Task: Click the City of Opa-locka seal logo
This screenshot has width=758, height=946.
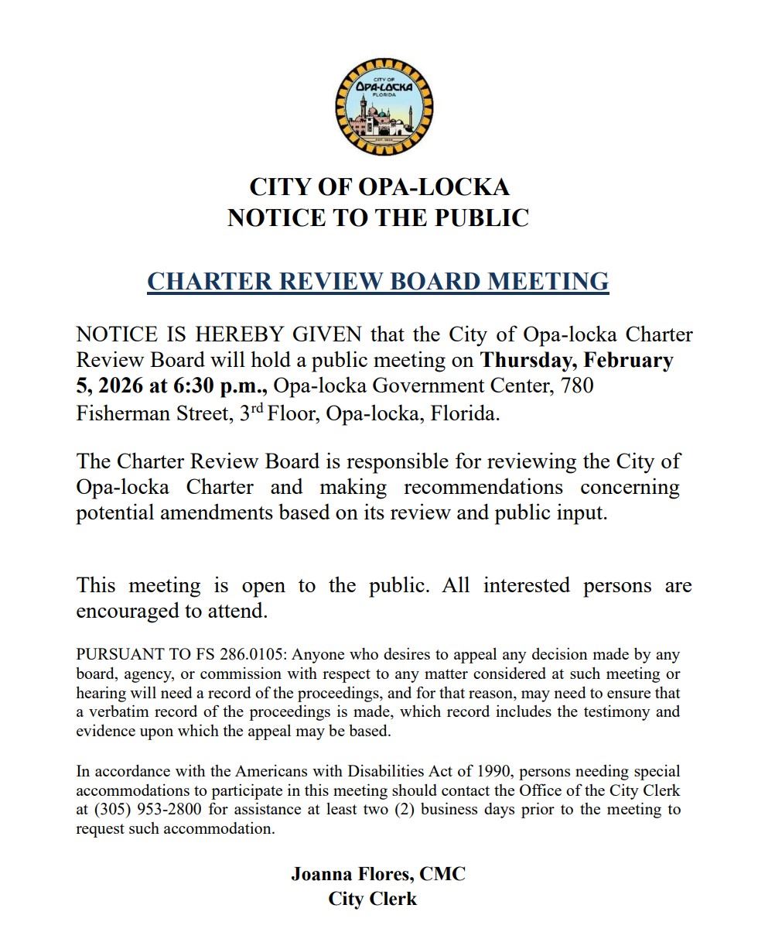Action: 384,106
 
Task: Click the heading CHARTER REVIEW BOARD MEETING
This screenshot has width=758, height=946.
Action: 378,281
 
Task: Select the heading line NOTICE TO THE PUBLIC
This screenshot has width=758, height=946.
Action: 378,218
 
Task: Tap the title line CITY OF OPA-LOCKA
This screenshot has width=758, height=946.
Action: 379,187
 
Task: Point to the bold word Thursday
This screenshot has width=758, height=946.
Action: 527,361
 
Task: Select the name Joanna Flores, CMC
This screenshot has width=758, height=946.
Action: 378,874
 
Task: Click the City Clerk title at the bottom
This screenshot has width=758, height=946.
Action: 373,899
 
